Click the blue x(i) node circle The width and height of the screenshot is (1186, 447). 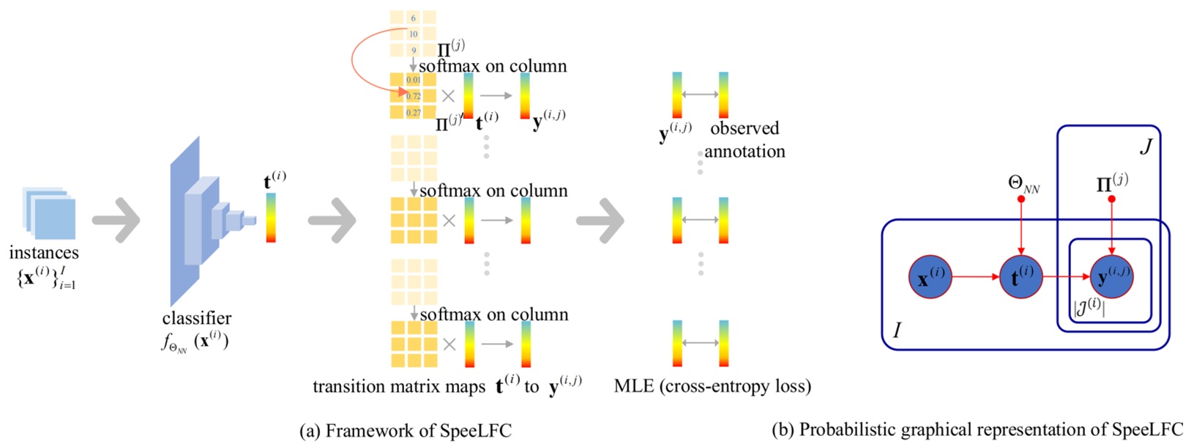pyautogui.click(x=930, y=277)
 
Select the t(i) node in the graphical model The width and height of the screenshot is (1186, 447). pyautogui.click(x=1021, y=277)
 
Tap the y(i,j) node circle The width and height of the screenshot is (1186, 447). pyautogui.click(x=1112, y=277)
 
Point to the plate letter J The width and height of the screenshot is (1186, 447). pyautogui.click(x=1146, y=147)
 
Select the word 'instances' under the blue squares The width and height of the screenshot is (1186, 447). pyautogui.click(x=44, y=253)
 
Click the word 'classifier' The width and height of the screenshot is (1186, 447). pyautogui.click(x=196, y=318)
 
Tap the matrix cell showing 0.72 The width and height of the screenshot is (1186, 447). pyautogui.click(x=414, y=96)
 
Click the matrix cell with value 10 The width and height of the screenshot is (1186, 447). pyautogui.click(x=414, y=34)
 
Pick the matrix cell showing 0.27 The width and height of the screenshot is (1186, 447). pyautogui.click(x=414, y=112)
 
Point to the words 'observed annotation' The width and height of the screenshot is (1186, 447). pyautogui.click(x=745, y=140)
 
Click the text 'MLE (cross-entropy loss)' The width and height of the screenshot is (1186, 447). pyautogui.click(x=712, y=386)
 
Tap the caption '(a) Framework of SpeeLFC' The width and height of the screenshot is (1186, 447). pyautogui.click(x=405, y=431)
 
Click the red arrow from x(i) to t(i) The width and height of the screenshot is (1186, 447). pyautogui.click(x=975, y=277)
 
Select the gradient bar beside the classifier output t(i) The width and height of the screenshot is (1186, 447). pyautogui.click(x=271, y=218)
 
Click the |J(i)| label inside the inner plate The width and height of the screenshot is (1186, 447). pyautogui.click(x=1089, y=306)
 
